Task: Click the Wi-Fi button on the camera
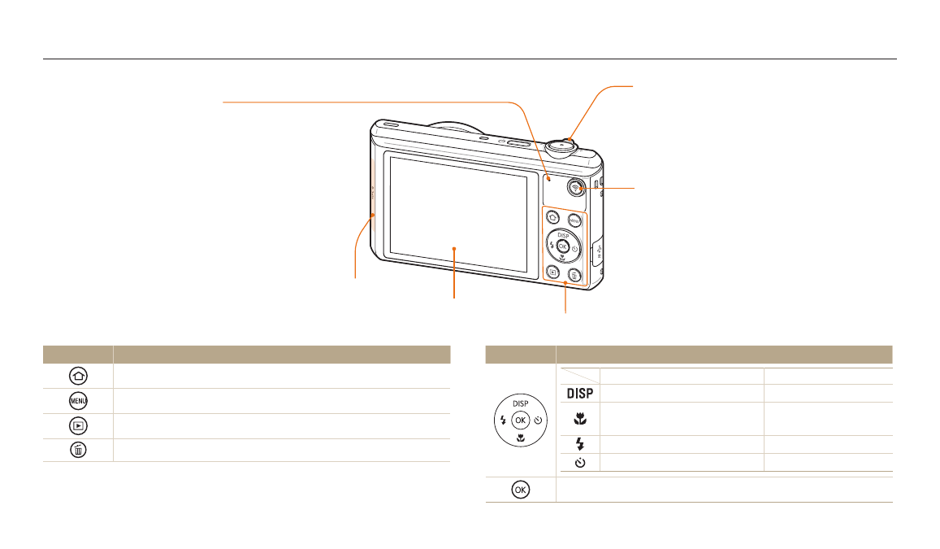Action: pyautogui.click(x=575, y=188)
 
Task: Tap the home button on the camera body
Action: pyautogui.click(x=552, y=218)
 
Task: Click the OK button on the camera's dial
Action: pyautogui.click(x=562, y=246)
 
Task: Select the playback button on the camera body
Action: pyautogui.click(x=552, y=272)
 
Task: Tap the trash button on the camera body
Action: pyautogui.click(x=574, y=276)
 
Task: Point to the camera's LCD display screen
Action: pyautogui.click(x=458, y=214)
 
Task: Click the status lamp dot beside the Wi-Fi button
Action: pyautogui.click(x=548, y=178)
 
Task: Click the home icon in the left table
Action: pyautogui.click(x=78, y=376)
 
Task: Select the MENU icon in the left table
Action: pyautogui.click(x=78, y=400)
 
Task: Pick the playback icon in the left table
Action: pyautogui.click(x=78, y=425)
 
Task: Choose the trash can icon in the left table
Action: pyautogui.click(x=78, y=450)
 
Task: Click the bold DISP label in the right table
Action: pyautogui.click(x=580, y=394)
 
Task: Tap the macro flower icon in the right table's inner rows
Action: pyautogui.click(x=580, y=419)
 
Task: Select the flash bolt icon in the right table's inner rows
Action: pyautogui.click(x=580, y=444)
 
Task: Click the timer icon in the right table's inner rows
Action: pyautogui.click(x=580, y=463)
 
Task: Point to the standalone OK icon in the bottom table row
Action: pyautogui.click(x=520, y=490)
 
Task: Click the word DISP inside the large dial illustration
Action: pyautogui.click(x=520, y=403)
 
